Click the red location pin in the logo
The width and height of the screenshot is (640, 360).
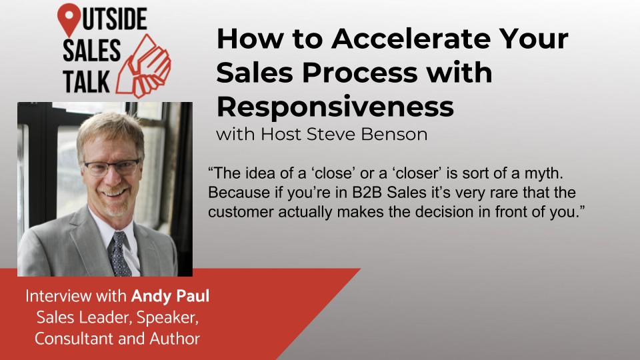click(x=69, y=19)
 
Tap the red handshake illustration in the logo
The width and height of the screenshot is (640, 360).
click(x=143, y=67)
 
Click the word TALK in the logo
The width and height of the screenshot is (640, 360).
click(x=86, y=81)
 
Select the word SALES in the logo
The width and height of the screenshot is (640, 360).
click(x=91, y=51)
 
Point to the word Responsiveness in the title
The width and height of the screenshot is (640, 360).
click(x=335, y=107)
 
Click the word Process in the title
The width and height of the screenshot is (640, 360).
click(x=359, y=73)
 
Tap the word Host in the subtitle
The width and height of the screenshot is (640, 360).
click(x=281, y=134)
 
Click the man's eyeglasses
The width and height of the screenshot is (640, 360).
click(x=112, y=167)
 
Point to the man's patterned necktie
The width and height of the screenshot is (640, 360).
click(x=119, y=253)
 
